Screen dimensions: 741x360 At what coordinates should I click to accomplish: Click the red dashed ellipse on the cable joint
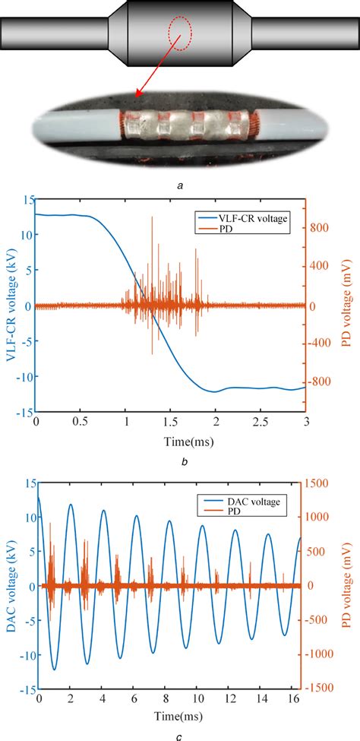pos(181,36)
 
